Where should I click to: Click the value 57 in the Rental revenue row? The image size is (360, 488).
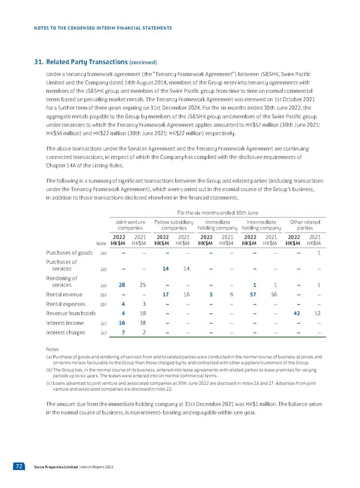[254, 294]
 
